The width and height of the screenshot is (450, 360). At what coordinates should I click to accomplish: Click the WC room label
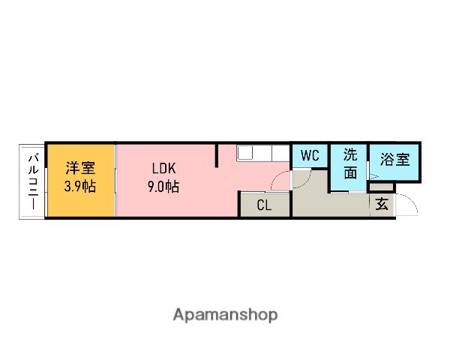tap(310, 155)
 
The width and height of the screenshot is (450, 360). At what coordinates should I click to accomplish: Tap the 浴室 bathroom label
tap(395, 159)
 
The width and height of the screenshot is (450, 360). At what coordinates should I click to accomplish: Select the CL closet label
tap(264, 205)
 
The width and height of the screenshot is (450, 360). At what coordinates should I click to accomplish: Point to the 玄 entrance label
tap(382, 204)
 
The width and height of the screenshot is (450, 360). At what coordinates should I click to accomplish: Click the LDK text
tap(163, 169)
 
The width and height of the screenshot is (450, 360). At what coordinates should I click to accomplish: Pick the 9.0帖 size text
tap(163, 186)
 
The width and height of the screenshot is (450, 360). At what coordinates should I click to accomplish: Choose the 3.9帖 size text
tap(80, 186)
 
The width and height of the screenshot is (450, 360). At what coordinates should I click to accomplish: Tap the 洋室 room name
tap(80, 168)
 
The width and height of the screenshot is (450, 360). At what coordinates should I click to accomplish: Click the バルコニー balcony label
tap(34, 181)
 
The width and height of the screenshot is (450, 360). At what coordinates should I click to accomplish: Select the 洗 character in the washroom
tap(350, 154)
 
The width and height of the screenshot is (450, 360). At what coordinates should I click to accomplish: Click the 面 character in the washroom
tap(350, 172)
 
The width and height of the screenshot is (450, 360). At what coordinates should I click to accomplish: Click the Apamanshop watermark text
tap(225, 315)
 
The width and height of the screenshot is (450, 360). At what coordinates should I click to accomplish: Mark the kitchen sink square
tap(245, 152)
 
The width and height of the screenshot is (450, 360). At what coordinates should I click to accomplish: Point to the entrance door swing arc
tap(409, 202)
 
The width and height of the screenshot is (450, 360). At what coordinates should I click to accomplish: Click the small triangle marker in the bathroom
tap(374, 176)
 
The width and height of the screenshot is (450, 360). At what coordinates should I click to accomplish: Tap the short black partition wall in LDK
tap(217, 155)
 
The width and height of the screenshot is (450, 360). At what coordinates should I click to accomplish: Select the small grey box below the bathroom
tap(381, 187)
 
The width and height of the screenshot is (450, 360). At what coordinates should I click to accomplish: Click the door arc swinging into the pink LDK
tap(279, 178)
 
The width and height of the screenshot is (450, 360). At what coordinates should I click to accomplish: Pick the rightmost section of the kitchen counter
tap(280, 153)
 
